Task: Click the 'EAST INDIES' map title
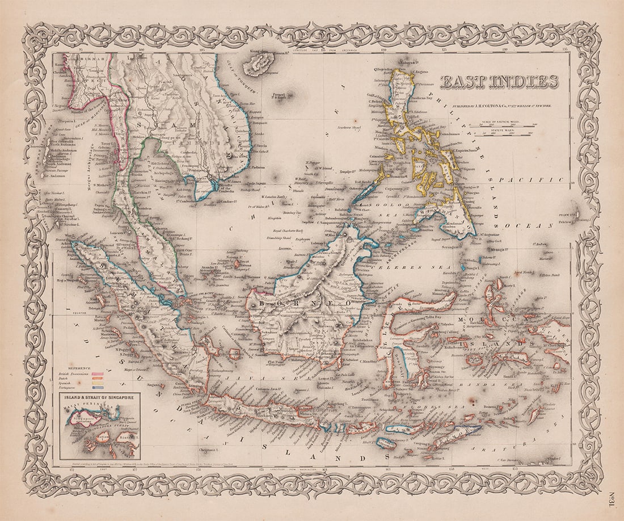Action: point(499,83)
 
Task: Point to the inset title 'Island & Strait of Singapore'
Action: point(99,398)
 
